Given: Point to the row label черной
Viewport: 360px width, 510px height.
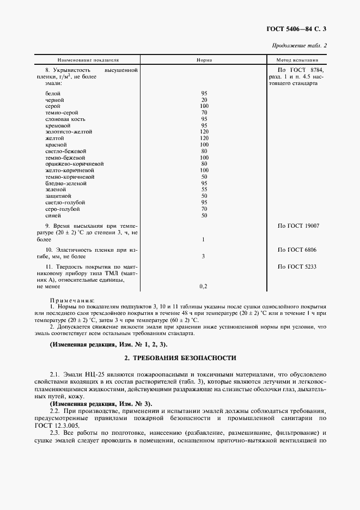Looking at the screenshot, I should coord(55,100).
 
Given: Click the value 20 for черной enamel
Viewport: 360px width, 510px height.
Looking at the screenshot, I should coord(204,100).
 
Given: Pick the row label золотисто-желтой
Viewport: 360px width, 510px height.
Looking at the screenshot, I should coord(69,131).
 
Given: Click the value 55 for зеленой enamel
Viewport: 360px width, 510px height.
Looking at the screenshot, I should coord(204,190).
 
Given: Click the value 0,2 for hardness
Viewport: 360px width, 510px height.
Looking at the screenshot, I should coord(203,286).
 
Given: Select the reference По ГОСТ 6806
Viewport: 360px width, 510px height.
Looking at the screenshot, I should coord(297,250).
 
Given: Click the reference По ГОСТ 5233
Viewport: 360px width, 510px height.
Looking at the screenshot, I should coord(297,266).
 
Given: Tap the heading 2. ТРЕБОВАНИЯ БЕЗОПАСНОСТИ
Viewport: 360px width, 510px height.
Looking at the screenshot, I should coord(180,358).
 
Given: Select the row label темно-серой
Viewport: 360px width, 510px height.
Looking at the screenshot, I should coord(58,112).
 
